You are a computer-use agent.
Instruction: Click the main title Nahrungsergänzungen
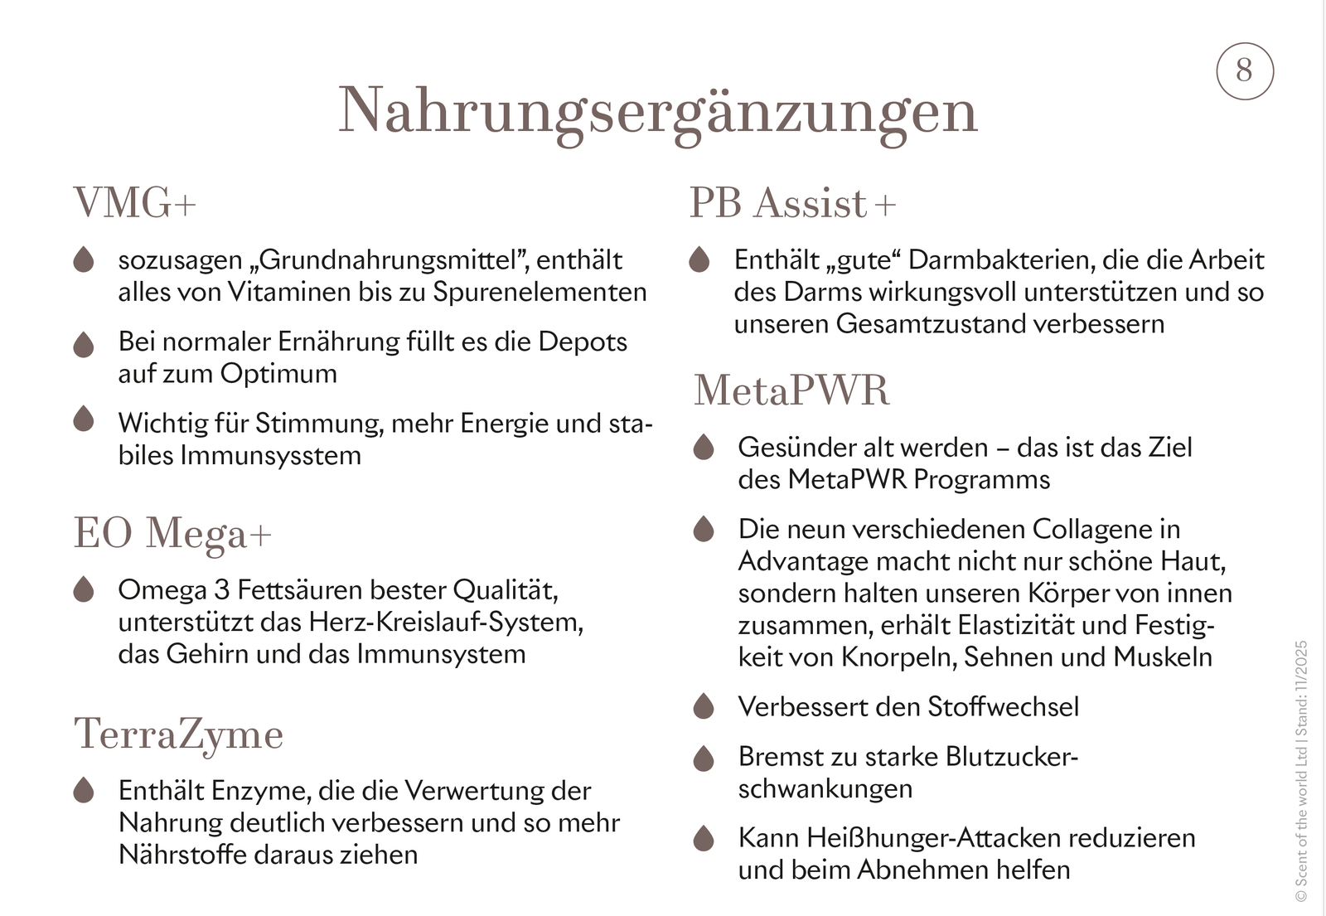[658, 111]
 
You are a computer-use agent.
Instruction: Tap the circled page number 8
[1244, 70]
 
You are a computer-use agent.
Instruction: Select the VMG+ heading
[135, 202]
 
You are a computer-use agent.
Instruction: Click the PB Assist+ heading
[792, 203]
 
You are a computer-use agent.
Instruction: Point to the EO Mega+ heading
[172, 533]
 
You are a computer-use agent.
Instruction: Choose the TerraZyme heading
[179, 734]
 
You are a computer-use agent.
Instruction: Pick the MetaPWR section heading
[791, 390]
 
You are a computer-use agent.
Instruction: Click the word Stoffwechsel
[1003, 707]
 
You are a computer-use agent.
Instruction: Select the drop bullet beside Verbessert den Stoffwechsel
[704, 706]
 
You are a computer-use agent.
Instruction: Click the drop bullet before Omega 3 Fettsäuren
[84, 589]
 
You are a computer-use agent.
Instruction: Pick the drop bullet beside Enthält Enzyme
[84, 790]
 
